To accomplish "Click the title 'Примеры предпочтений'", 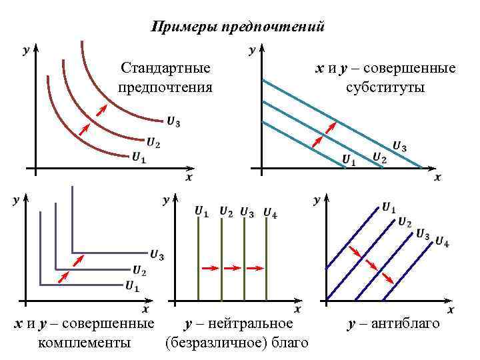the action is coord(238,27).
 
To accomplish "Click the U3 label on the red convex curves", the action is coord(173,121).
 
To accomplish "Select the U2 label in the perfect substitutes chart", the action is coord(379,157).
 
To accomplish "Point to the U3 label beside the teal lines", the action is coord(399,146).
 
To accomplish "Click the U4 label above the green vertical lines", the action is coord(270,213).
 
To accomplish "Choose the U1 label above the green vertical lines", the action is coord(201,212).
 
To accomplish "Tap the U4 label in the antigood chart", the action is coord(442,241).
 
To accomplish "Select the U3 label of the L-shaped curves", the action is coord(157,254).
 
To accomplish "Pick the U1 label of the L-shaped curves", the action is coord(132,287).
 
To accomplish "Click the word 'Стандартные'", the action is coord(165,68).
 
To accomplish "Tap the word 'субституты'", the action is coord(385,88).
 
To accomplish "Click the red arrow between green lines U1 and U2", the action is coord(209,267).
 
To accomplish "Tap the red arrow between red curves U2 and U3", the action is coord(101,109).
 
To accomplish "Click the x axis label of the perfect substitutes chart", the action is coord(437,177).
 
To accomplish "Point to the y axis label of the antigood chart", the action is coord(317,199).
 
